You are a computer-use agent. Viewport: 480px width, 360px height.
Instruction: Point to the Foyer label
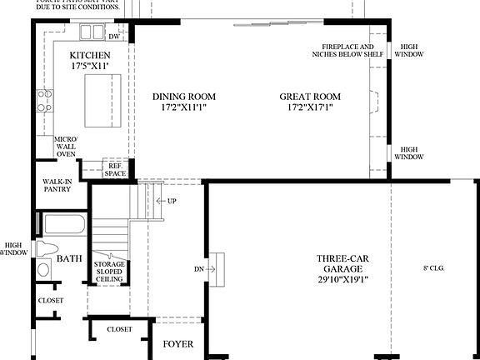(x=177, y=342)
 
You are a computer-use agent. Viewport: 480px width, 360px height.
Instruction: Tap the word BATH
(x=69, y=259)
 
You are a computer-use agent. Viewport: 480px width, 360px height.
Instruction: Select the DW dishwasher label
(x=115, y=37)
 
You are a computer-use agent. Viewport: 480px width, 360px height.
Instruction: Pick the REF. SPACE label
(x=115, y=168)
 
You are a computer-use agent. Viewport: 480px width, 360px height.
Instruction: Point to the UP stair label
(x=172, y=202)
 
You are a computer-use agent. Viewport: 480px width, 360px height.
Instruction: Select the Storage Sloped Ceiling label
(x=108, y=272)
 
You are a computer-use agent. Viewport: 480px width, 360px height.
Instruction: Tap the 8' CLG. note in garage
(x=435, y=268)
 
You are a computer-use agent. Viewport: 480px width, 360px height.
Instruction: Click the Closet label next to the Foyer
(x=119, y=329)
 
